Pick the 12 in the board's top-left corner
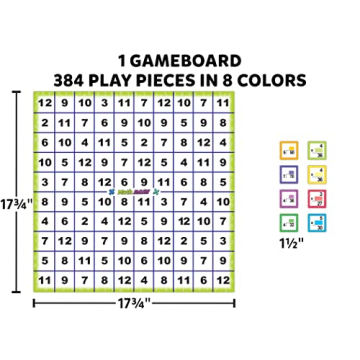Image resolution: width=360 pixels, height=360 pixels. pyautogui.click(x=45, y=103)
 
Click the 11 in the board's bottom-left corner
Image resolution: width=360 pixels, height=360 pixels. pyautogui.click(x=45, y=279)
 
